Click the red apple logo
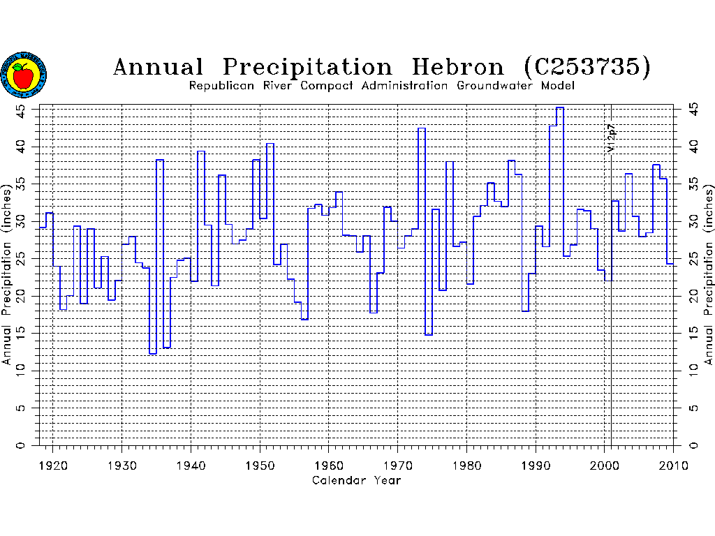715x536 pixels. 24,75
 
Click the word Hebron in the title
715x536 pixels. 457,67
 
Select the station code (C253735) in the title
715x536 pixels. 587,67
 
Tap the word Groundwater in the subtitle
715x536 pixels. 497,86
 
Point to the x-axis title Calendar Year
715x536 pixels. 356,480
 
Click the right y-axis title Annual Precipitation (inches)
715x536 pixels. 709,275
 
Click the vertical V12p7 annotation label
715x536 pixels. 612,138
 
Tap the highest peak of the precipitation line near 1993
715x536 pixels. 560,107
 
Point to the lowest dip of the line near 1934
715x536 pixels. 152,354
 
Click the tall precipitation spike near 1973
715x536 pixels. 422,128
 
